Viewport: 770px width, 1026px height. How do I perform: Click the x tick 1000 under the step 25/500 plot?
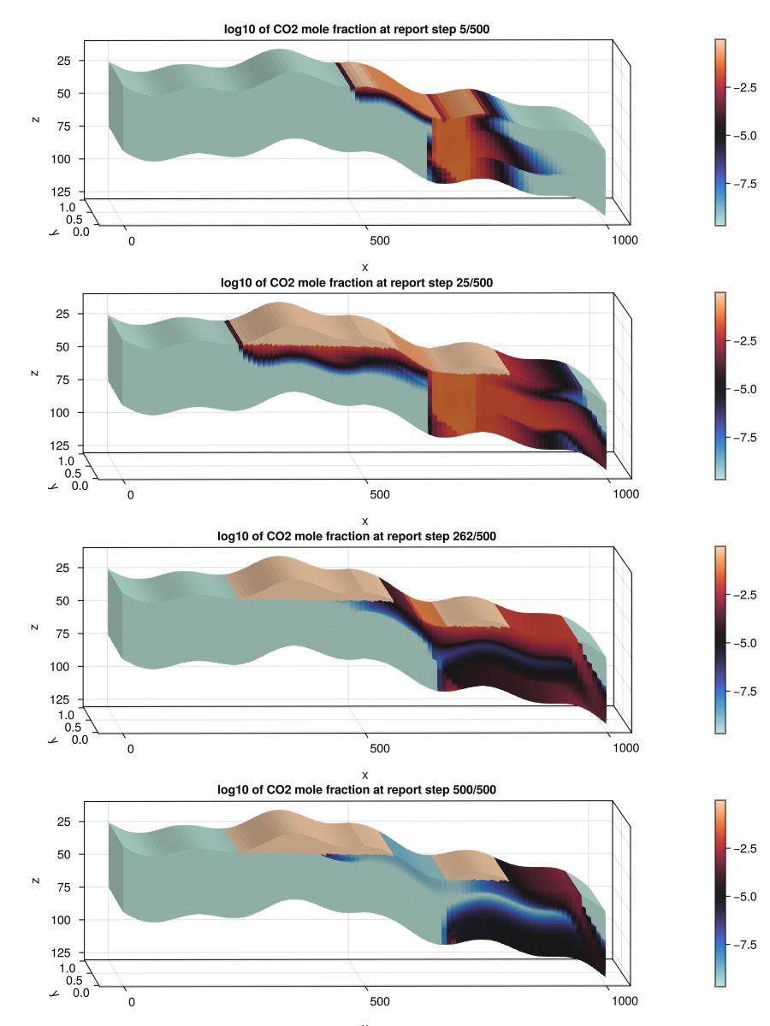pyautogui.click(x=625, y=494)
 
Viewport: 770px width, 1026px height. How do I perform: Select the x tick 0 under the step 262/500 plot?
pyautogui.click(x=131, y=748)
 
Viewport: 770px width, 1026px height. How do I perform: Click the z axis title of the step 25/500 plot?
pyautogui.click(x=35, y=372)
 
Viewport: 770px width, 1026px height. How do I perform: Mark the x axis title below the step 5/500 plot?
pyautogui.click(x=364, y=267)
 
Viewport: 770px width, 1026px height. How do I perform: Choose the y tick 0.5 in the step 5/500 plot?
pyautogui.click(x=74, y=218)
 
